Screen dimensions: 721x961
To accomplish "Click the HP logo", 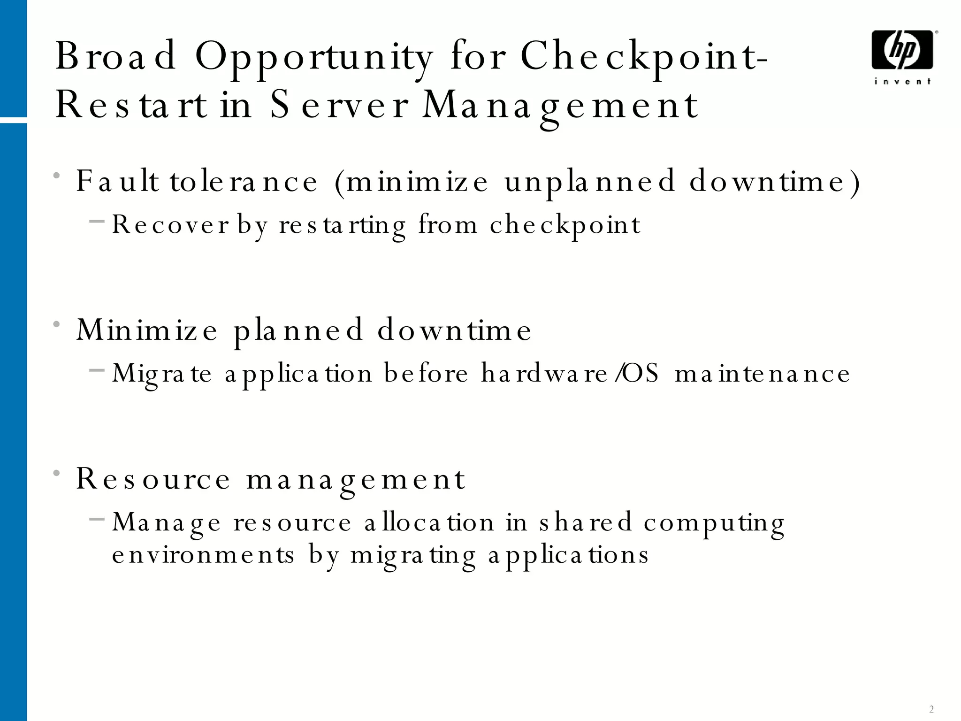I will (x=902, y=50).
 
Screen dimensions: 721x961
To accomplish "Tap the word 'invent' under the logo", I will (x=902, y=82).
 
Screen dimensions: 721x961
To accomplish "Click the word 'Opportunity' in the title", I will (x=313, y=57).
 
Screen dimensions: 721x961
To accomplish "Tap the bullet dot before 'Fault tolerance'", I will (x=57, y=176).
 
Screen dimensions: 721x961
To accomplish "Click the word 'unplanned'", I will (x=589, y=182).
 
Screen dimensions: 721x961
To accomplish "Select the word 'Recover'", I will (x=170, y=225).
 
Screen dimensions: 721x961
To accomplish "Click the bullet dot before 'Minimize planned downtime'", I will (x=57, y=324).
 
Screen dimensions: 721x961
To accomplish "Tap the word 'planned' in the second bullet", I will (x=298, y=330).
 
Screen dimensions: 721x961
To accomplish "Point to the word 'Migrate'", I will (x=162, y=375).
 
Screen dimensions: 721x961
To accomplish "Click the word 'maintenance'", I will (x=762, y=374).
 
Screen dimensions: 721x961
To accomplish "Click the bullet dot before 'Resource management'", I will (x=57, y=473).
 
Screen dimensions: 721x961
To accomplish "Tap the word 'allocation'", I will (x=429, y=522).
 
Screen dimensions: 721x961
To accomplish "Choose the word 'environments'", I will (x=203, y=555).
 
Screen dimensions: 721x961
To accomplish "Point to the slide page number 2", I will (x=931, y=709).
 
